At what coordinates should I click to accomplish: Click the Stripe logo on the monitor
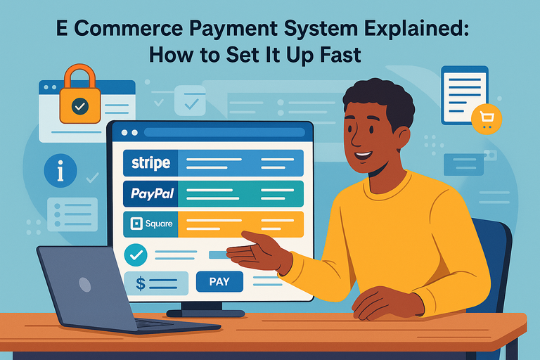click(x=150, y=163)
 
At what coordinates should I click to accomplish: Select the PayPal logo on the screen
click(x=150, y=193)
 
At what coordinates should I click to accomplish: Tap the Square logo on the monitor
click(x=150, y=224)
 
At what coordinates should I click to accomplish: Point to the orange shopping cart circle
click(x=484, y=120)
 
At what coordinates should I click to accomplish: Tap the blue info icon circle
click(x=60, y=172)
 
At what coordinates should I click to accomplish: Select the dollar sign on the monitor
click(x=141, y=283)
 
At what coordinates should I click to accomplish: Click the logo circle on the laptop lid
click(x=84, y=284)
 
